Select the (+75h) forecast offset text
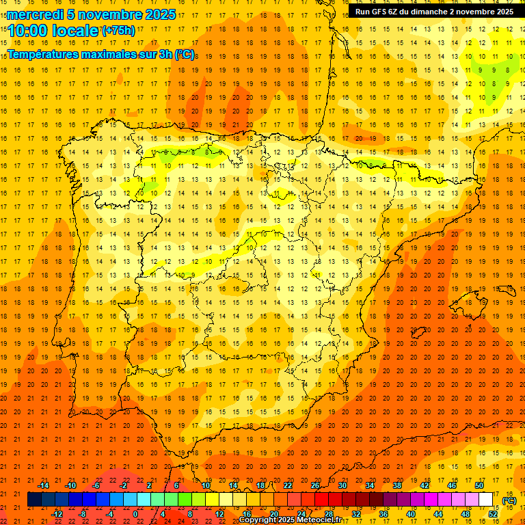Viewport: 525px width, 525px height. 118,30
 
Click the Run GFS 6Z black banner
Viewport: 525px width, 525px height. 434,12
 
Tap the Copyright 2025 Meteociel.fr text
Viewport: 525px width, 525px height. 290,520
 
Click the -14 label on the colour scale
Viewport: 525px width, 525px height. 43,485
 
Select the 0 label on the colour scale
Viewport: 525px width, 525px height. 136,514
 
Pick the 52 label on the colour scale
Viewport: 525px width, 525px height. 493,514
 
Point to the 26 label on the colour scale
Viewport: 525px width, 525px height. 315,485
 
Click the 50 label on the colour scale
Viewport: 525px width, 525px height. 479,485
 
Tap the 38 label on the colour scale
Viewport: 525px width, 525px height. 397,485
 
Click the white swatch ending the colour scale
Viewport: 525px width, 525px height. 485,500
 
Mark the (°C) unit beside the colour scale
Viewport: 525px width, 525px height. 509,500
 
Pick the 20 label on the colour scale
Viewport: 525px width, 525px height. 273,514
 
